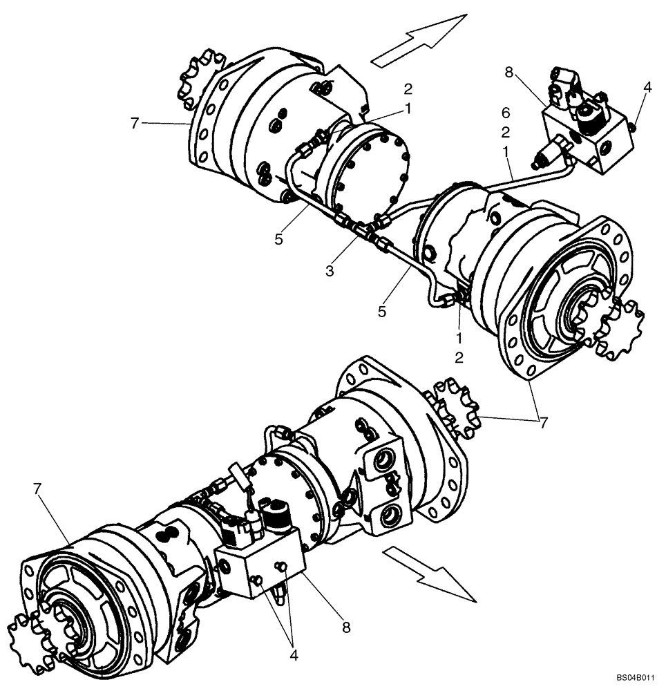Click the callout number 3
(330, 272)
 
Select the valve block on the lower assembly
(259, 562)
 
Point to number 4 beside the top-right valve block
(647, 88)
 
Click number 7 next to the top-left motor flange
(135, 123)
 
